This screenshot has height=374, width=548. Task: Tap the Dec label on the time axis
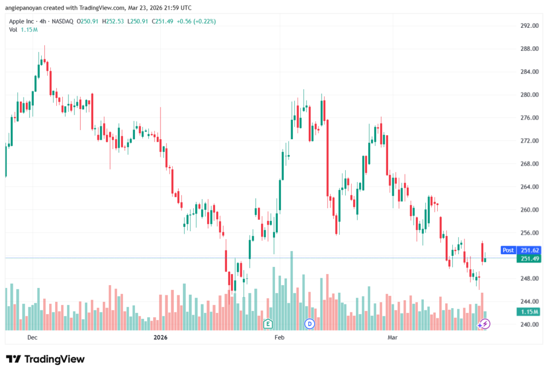click(32, 338)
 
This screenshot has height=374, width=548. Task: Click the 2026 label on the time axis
click(161, 338)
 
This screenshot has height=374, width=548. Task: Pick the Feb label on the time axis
click(279, 338)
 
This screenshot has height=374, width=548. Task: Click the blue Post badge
click(508, 250)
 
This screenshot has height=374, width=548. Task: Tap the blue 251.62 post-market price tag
click(530, 250)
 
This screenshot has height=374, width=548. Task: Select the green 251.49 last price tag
click(530, 258)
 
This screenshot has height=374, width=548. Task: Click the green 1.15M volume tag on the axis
click(530, 312)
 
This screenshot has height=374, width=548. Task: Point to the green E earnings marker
click(268, 324)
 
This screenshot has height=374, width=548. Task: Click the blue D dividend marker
click(309, 324)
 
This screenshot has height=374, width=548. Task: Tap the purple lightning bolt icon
click(484, 324)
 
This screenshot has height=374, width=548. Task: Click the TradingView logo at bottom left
click(45, 359)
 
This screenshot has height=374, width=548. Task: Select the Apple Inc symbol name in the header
click(22, 21)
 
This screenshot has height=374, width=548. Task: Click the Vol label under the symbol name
click(13, 29)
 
